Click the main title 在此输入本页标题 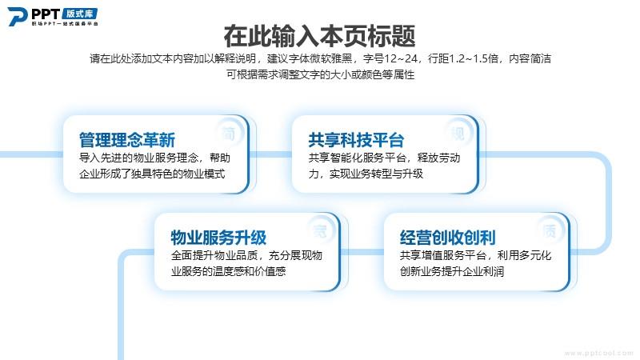click(x=319, y=36)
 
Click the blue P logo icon click(x=18, y=17)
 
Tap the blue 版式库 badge click(x=80, y=14)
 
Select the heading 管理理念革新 click(x=127, y=140)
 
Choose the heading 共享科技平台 click(x=356, y=140)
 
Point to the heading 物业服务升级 click(x=218, y=238)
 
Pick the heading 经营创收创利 click(x=448, y=238)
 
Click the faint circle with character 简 click(x=229, y=133)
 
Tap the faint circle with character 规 click(x=458, y=133)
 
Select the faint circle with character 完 click(x=321, y=231)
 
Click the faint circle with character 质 click(x=550, y=231)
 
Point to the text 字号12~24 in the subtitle click(x=390, y=58)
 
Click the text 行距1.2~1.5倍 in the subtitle click(x=463, y=58)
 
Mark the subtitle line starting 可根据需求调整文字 click(x=321, y=74)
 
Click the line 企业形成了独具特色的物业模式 click(x=152, y=174)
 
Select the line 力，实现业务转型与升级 click(x=366, y=174)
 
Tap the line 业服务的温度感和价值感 click(x=228, y=271)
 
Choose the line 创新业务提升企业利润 click(x=452, y=271)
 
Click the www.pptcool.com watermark click(x=598, y=353)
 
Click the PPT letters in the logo click(x=46, y=14)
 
